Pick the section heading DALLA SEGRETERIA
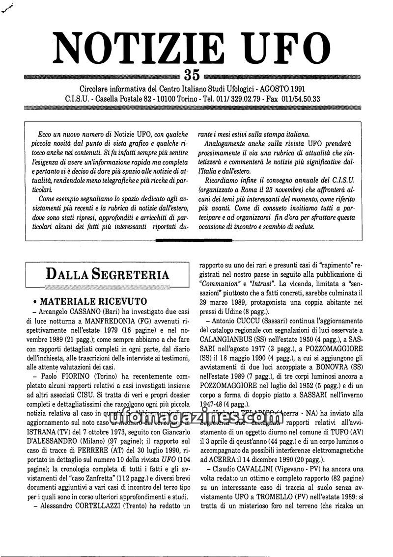click(x=108, y=274)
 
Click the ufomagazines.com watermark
click(x=196, y=420)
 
